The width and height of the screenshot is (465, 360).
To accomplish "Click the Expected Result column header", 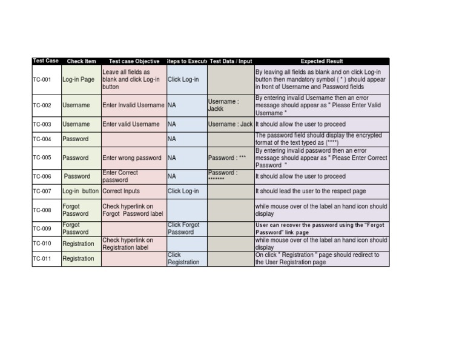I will tap(322, 61).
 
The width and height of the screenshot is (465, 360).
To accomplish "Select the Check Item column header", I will tap(81, 61).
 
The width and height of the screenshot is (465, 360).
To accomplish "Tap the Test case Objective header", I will tap(134, 61).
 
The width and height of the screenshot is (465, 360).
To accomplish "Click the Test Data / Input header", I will tap(231, 61).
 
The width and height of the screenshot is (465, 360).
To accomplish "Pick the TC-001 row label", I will tap(42, 79).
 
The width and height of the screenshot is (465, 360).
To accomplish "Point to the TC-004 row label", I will tap(42, 139).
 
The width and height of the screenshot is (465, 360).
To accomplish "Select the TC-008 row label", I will tap(42, 210).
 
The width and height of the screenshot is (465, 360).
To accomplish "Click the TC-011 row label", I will tap(42, 259).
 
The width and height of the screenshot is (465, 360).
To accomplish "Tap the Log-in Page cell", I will tap(79, 79).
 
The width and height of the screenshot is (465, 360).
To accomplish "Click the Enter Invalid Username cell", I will tap(133, 105).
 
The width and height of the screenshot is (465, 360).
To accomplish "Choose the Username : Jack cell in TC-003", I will tap(231, 124).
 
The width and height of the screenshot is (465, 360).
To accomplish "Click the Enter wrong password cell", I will tap(132, 158).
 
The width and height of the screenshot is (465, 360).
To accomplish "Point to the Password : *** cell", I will tap(228, 158).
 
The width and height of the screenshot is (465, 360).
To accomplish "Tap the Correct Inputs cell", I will tap(121, 191).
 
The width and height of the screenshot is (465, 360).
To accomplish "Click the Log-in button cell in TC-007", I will tap(81, 191).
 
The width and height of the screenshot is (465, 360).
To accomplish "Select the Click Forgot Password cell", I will tap(183, 228).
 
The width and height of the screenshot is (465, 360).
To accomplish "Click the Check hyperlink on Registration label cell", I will tap(128, 244).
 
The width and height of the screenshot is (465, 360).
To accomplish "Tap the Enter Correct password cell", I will tap(120, 176).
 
